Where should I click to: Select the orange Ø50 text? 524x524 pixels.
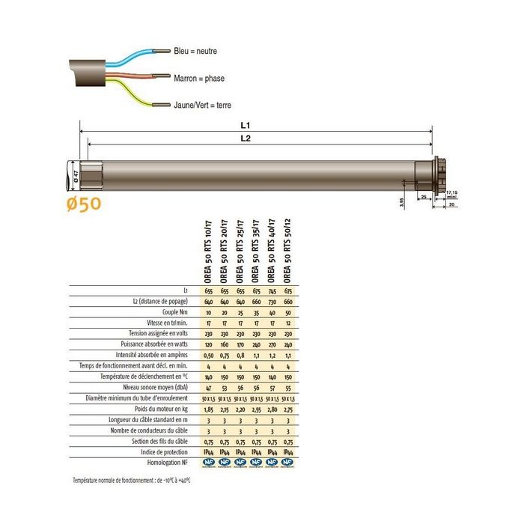[82, 203]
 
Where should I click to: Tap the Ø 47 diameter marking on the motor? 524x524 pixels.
[76, 177]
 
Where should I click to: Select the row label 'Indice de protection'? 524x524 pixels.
[165, 452]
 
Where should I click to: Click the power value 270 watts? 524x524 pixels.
[272, 344]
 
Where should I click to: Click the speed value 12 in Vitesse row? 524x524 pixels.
[288, 322]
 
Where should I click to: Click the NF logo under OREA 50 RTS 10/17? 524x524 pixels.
[209, 463]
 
